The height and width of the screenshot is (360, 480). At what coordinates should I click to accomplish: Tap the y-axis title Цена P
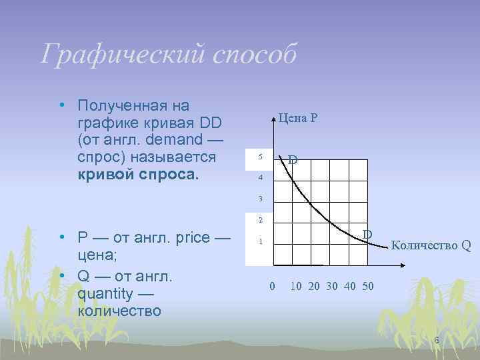coord(298,118)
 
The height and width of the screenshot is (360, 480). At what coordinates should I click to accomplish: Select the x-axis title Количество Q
coord(431,245)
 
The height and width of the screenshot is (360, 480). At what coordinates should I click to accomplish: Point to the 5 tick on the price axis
coord(261,157)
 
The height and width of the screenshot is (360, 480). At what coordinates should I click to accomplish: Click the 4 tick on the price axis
coord(261,179)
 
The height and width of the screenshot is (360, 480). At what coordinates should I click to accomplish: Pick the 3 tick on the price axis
coord(261,199)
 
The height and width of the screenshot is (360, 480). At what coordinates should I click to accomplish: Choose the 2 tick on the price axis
coord(261,220)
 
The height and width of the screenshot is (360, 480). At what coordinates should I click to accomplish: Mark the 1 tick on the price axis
coord(261,241)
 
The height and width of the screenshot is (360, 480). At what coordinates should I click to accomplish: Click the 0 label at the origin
coord(271,287)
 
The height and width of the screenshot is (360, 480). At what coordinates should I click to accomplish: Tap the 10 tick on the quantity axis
coord(295,287)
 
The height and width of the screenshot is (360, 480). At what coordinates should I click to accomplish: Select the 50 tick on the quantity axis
coord(367,287)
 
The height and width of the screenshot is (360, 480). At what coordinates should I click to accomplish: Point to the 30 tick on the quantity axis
coord(331,287)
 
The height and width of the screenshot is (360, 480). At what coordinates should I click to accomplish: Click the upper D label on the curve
coord(293,161)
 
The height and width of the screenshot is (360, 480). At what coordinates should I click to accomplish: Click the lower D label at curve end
coord(367,234)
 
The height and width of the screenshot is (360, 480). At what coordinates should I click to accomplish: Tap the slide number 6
coord(437,341)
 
